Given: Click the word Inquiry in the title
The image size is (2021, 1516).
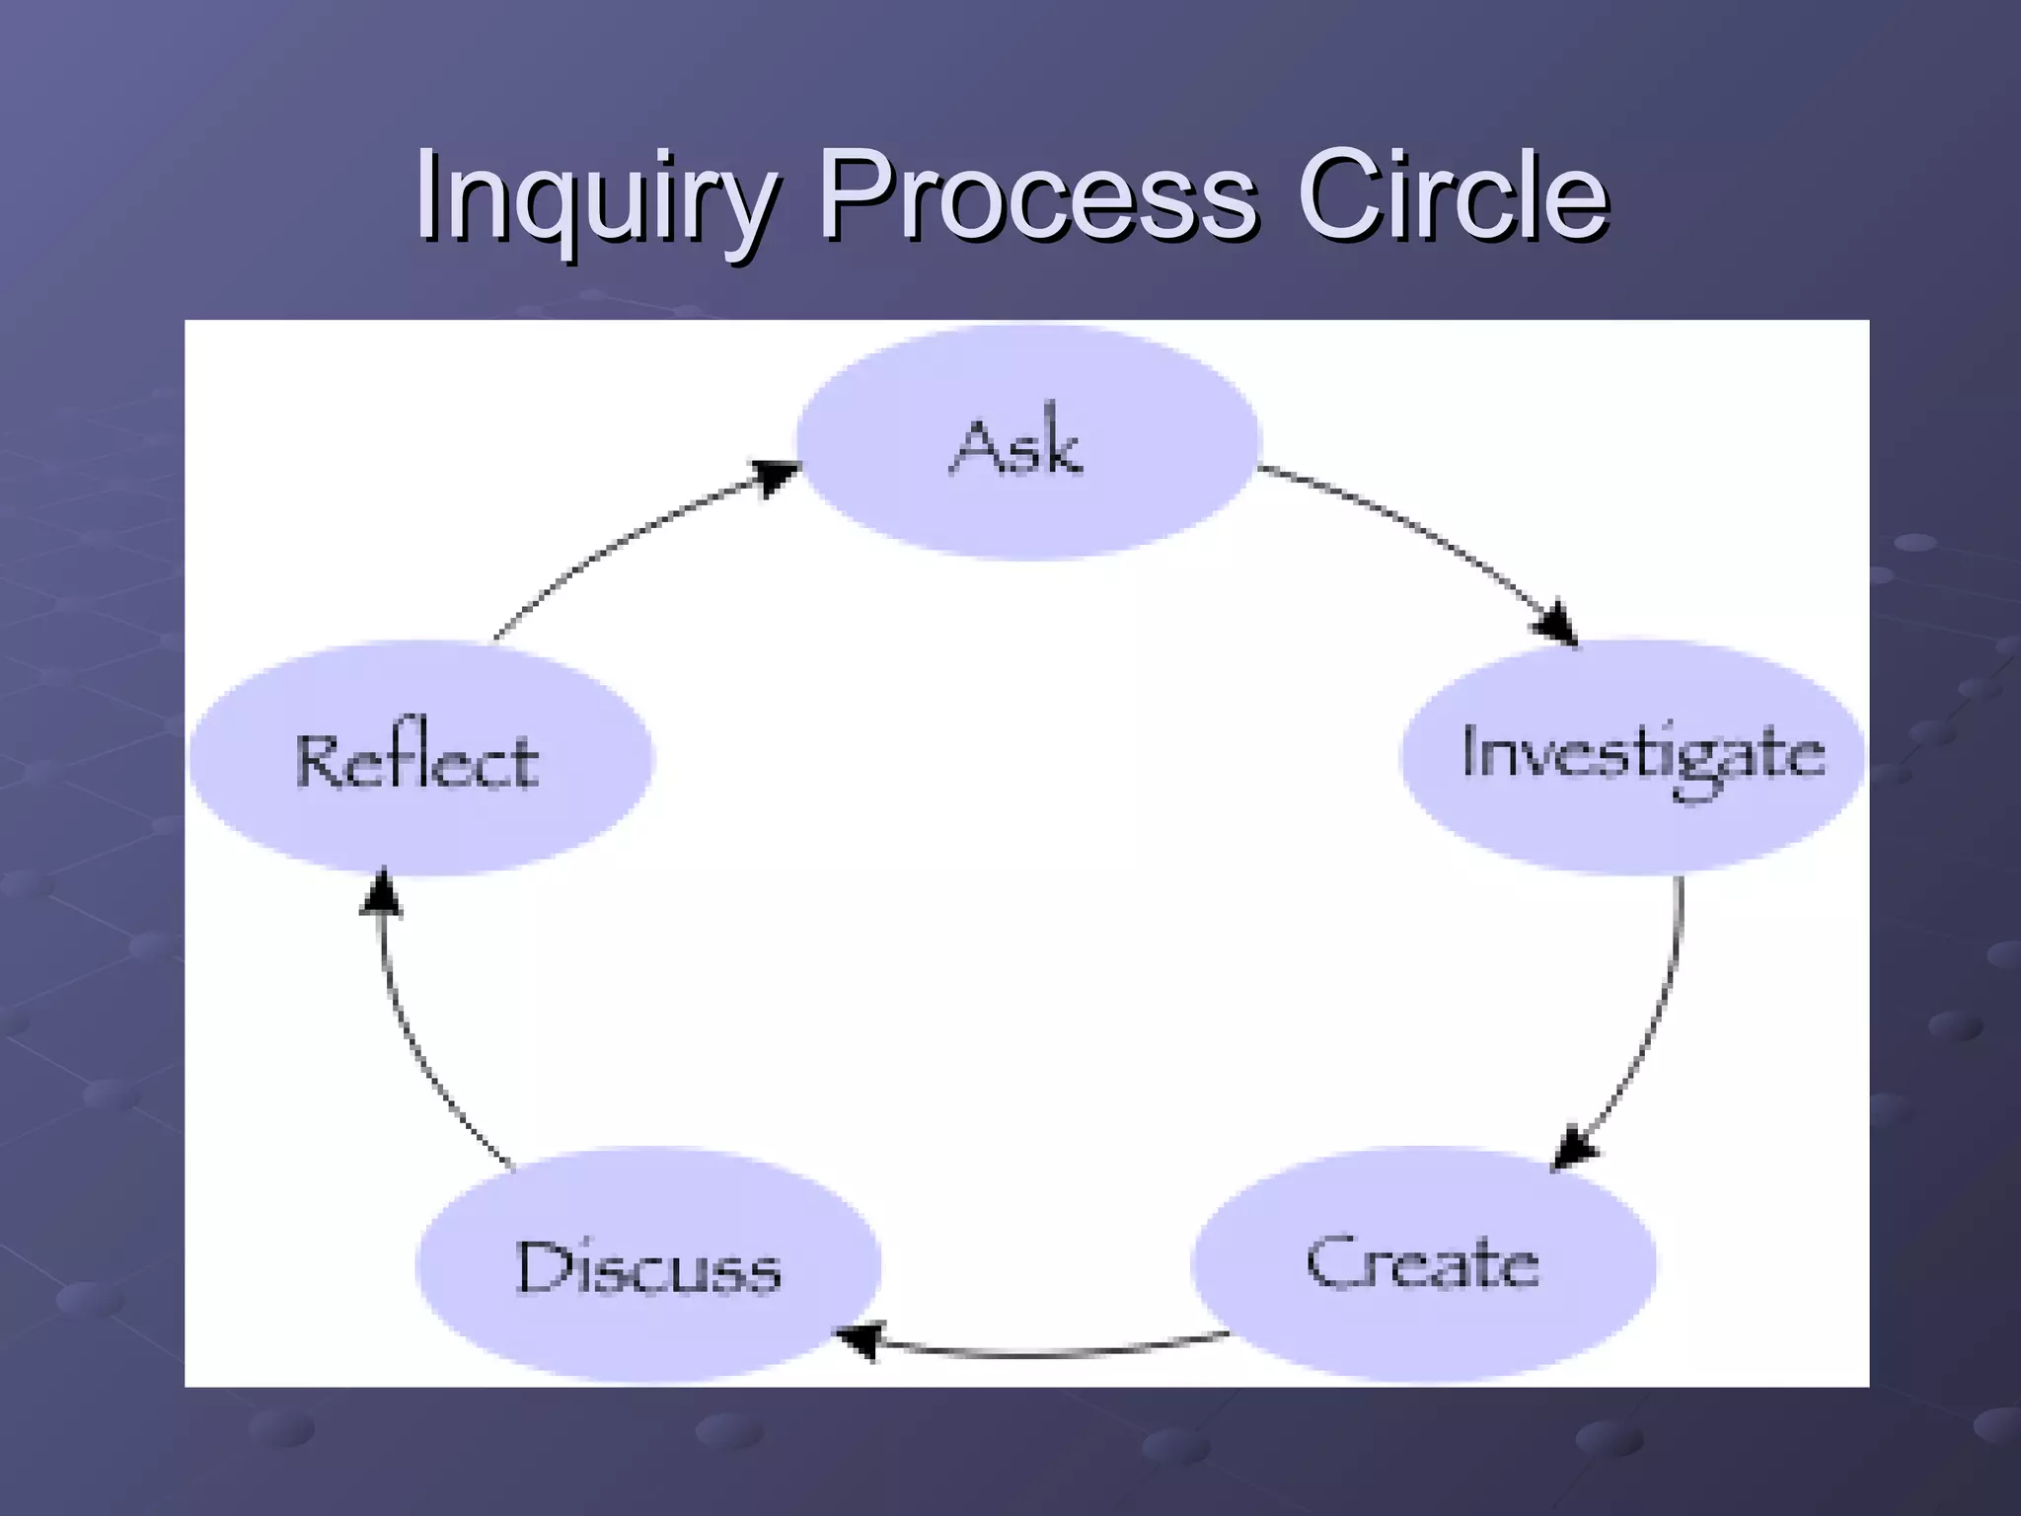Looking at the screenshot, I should [592, 197].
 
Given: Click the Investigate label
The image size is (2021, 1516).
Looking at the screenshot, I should [1642, 756].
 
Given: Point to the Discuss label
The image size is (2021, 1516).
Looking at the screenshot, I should [648, 1267].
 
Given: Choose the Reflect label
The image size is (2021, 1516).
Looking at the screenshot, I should [417, 762].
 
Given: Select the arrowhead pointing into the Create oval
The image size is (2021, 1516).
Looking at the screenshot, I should [1575, 1147].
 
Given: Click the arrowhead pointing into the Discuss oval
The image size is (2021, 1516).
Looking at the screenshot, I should [859, 1340].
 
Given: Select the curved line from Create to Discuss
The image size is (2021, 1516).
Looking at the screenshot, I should [1046, 1355].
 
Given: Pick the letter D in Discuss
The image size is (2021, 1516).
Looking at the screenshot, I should [541, 1267].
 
